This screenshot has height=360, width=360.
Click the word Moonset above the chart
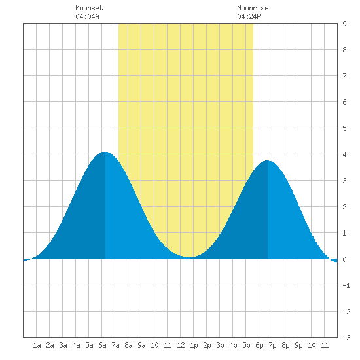(89, 9)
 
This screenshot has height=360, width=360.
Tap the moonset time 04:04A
(87, 16)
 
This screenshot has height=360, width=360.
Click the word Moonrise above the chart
(253, 9)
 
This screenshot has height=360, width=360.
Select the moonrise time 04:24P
(249, 16)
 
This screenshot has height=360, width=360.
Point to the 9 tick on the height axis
(344, 24)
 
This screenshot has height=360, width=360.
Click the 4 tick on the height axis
(344, 154)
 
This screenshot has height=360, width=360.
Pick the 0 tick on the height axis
(344, 259)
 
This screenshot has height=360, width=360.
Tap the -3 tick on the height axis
(346, 338)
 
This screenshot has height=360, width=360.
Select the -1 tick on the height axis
(346, 285)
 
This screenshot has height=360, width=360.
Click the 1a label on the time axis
(37, 345)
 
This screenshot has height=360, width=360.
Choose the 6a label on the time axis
(102, 345)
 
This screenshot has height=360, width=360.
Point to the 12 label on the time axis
(181, 345)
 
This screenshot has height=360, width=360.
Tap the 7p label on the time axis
(272, 345)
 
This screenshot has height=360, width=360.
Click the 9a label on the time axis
(141, 345)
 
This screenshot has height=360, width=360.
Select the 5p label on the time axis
(246, 345)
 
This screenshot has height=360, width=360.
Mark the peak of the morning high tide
(105, 152)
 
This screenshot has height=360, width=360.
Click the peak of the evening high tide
(267, 161)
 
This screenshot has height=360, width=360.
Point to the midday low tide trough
(189, 257)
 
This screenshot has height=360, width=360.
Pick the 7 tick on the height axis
(344, 76)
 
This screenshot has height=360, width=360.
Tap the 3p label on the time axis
(220, 345)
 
